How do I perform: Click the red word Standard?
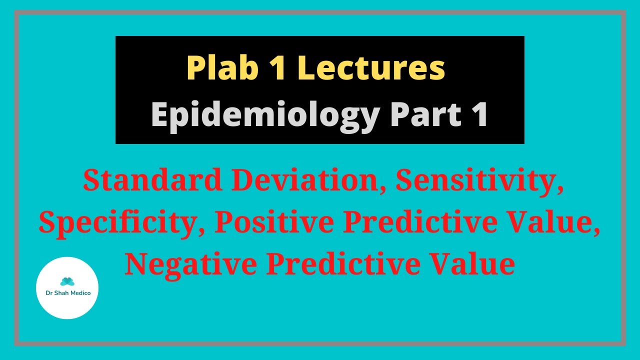[x=152, y=180]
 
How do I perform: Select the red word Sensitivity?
[x=479, y=181]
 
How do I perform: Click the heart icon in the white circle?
[x=67, y=281]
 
